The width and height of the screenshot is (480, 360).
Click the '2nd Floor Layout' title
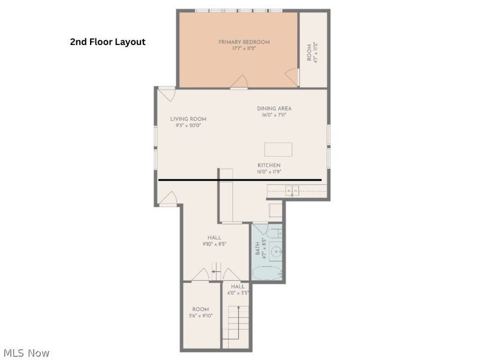[x=107, y=42]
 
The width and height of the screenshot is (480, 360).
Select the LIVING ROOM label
[x=188, y=122]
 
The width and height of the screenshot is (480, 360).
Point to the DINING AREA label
[x=274, y=112]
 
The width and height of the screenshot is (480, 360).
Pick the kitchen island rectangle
[x=278, y=149]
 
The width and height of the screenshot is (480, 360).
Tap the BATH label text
[x=259, y=249]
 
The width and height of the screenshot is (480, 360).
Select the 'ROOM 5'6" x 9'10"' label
[x=200, y=313]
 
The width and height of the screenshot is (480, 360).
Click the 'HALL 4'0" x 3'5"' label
[x=238, y=290]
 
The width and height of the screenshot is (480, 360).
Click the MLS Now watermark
[x=26, y=353]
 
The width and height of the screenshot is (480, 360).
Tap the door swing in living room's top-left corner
[x=166, y=94]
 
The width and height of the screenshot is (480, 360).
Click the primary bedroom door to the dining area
[x=239, y=82]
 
